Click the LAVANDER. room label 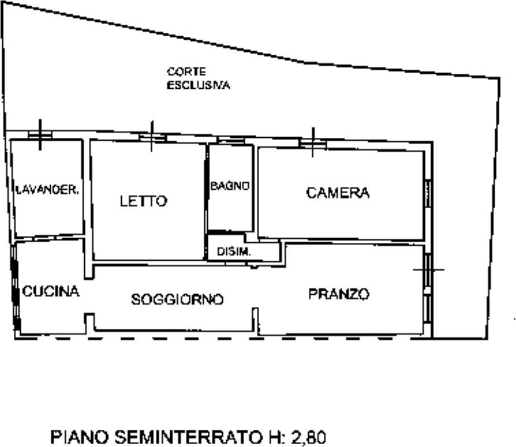click(x=47, y=189)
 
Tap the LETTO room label click(x=144, y=201)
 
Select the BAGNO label click(x=230, y=186)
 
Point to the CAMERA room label click(x=338, y=193)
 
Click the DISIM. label click(x=234, y=252)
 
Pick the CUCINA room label click(x=51, y=291)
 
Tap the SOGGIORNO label click(x=178, y=300)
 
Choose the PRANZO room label click(x=339, y=294)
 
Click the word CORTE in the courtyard click(x=187, y=71)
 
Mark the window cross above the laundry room click(x=40, y=134)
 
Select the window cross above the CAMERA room click(x=313, y=142)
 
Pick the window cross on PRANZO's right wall click(x=428, y=270)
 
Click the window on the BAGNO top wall click(x=231, y=140)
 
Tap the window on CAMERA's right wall click(x=428, y=193)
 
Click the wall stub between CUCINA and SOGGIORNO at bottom click(x=89, y=323)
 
